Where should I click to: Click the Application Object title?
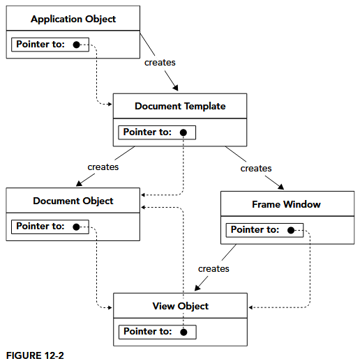click(x=73, y=19)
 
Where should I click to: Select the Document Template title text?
click(x=180, y=106)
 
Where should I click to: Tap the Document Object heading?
click(x=73, y=201)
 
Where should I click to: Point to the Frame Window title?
click(x=286, y=204)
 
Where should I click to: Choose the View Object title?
click(x=180, y=306)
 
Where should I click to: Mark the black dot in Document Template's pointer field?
click(x=183, y=132)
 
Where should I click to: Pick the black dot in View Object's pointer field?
click(x=183, y=332)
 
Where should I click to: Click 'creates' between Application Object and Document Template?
click(x=160, y=63)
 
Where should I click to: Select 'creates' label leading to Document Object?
click(x=103, y=167)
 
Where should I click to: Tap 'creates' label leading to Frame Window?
click(x=256, y=168)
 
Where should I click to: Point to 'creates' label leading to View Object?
click(x=213, y=268)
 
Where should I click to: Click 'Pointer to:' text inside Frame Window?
click(x=255, y=230)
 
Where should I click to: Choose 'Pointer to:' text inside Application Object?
click(x=40, y=45)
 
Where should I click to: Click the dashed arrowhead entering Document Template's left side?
click(x=109, y=105)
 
